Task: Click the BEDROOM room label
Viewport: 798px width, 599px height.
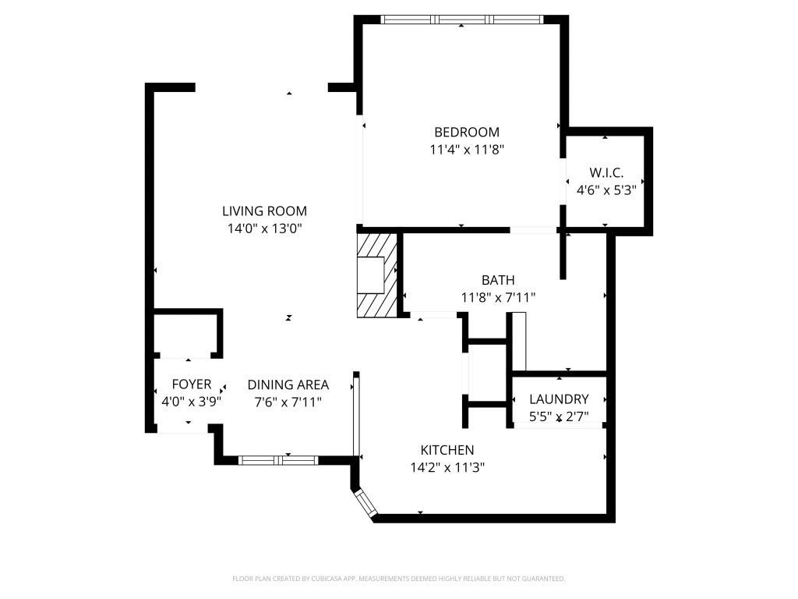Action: point(466,132)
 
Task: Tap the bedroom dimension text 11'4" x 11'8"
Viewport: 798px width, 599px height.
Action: point(466,150)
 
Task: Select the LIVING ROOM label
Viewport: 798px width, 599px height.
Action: point(264,211)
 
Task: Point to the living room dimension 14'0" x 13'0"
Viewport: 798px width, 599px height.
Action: point(264,229)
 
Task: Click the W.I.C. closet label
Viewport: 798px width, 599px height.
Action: point(606,173)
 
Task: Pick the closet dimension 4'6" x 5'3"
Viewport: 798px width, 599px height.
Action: point(606,190)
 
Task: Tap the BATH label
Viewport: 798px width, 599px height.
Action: point(497,280)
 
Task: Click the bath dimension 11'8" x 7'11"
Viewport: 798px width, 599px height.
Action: point(497,297)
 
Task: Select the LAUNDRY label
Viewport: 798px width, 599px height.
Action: point(559,399)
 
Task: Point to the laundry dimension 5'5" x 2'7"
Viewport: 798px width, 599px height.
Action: point(559,416)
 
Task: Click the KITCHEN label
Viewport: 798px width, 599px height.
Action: point(447,450)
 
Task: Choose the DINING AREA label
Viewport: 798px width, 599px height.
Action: point(288,385)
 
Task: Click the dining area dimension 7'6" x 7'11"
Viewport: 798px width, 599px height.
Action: point(288,402)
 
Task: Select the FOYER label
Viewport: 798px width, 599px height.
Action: point(191,385)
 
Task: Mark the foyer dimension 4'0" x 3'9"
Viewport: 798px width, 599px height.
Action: point(191,402)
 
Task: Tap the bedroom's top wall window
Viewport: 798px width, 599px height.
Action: point(461,19)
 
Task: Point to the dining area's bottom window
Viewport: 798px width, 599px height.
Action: point(278,460)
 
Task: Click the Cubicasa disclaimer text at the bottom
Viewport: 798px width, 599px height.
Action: point(398,579)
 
